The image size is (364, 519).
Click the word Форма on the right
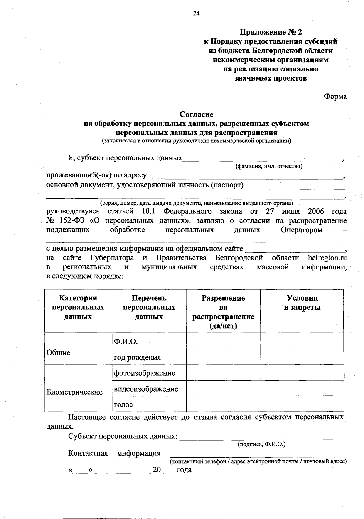point(335,97)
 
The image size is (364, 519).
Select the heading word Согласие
point(196,114)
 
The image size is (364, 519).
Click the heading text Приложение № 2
point(271,32)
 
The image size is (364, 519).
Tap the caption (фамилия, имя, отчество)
point(269,166)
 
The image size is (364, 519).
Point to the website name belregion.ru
point(327,258)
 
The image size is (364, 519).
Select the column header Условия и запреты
point(302,303)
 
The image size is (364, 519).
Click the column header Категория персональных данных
point(78,307)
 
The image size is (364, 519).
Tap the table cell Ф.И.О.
point(126,342)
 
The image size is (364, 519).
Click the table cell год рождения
point(137,358)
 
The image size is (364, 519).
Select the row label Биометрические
point(75,392)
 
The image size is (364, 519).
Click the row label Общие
point(58,352)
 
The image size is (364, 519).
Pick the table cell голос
point(123,405)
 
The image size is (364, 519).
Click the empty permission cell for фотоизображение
point(223,373)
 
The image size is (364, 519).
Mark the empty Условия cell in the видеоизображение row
point(302,389)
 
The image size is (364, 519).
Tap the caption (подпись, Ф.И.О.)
point(261,444)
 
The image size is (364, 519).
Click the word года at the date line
point(184,470)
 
